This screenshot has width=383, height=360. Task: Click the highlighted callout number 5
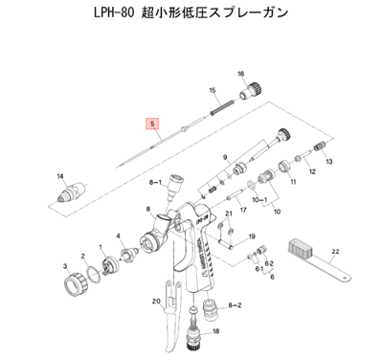coord(149,124)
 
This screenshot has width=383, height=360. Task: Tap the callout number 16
coord(241,73)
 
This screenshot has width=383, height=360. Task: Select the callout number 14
coord(59,176)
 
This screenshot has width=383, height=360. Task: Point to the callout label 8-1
coord(154,180)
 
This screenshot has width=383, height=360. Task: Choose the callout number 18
coord(215,330)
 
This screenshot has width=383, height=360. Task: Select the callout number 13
coord(327,164)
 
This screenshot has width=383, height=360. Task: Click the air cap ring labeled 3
coord(75,284)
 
